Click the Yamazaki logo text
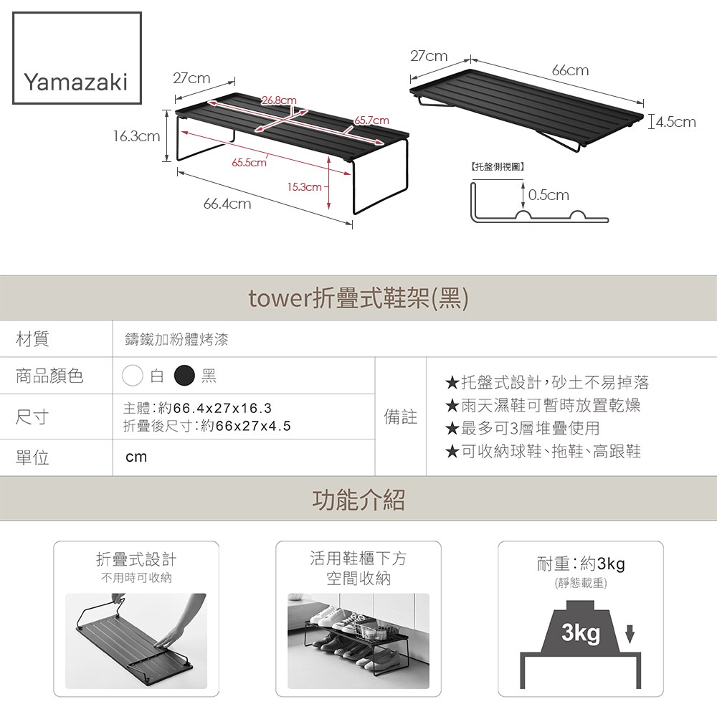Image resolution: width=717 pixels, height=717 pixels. (x=76, y=82)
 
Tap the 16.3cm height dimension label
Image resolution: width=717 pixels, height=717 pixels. (x=137, y=136)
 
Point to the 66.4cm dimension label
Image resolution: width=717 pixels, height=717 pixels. (x=227, y=204)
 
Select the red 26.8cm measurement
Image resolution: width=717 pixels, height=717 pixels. (x=279, y=100)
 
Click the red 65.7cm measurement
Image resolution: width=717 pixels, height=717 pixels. (x=371, y=120)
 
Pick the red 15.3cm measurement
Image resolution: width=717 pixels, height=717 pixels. (x=304, y=187)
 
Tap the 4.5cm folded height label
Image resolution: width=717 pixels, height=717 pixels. (x=676, y=122)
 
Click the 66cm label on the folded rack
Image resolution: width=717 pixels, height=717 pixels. (x=570, y=70)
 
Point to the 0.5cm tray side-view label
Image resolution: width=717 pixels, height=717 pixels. (x=549, y=195)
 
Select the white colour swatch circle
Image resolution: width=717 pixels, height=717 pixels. (x=133, y=376)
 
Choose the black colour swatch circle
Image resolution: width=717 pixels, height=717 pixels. (x=185, y=376)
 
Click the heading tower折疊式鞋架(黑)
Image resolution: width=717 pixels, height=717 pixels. (x=358, y=298)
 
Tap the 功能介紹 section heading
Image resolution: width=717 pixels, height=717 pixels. (x=358, y=499)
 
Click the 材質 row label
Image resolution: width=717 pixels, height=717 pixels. (x=32, y=339)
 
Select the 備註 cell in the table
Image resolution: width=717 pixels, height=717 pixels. (x=401, y=417)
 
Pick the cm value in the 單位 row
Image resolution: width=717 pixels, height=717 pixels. (x=136, y=457)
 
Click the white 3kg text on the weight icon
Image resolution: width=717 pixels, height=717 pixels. (x=581, y=633)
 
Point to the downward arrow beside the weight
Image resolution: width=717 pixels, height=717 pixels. (x=630, y=635)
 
